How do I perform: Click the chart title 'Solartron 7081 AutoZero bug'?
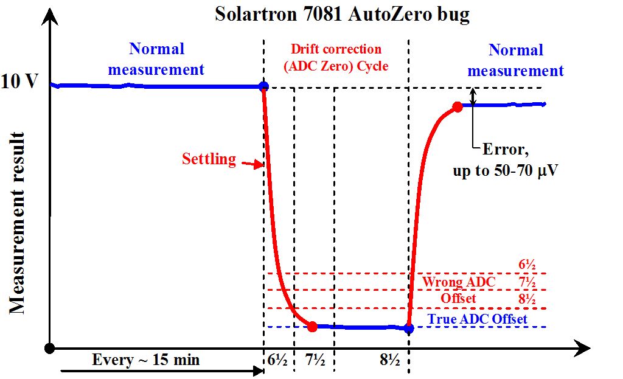342,14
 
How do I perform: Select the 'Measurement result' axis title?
17,222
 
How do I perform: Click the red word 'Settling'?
209,159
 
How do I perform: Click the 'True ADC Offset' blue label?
477,319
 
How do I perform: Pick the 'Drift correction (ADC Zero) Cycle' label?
336,58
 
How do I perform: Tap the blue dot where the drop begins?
263,86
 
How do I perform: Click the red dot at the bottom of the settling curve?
312,327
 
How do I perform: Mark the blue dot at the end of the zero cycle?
409,329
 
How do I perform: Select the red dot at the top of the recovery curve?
458,108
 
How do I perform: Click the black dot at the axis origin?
50,348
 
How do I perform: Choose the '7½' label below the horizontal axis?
315,360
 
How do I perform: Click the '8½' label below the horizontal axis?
388,360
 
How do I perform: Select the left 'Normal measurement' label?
156,59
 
